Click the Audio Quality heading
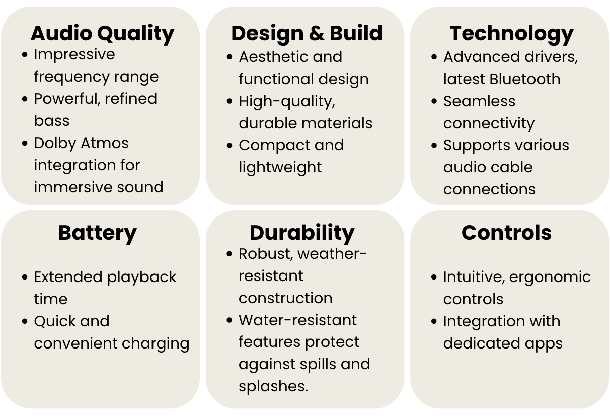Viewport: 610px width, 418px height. click(x=102, y=34)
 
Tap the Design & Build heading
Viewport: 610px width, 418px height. click(x=307, y=33)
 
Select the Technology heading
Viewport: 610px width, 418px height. click(x=512, y=34)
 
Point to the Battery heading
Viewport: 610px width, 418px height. click(x=98, y=234)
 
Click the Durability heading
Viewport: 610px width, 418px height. click(x=302, y=233)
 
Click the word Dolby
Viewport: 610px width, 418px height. click(x=55, y=144)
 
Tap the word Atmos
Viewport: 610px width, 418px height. click(x=105, y=143)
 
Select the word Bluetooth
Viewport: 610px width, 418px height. click(x=525, y=79)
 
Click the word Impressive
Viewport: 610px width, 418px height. click(x=74, y=55)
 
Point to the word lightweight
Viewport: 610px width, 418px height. click(x=280, y=167)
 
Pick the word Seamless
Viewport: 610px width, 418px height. click(x=479, y=101)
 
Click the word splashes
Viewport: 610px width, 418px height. click(x=273, y=386)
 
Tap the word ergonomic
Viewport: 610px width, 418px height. click(x=550, y=277)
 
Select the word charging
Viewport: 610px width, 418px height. click(x=156, y=344)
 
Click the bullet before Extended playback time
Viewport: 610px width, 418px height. click(x=25, y=277)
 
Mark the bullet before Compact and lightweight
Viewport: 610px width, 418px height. click(x=230, y=145)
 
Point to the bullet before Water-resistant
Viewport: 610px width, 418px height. click(x=230, y=320)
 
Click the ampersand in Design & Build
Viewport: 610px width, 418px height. click(x=317, y=33)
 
